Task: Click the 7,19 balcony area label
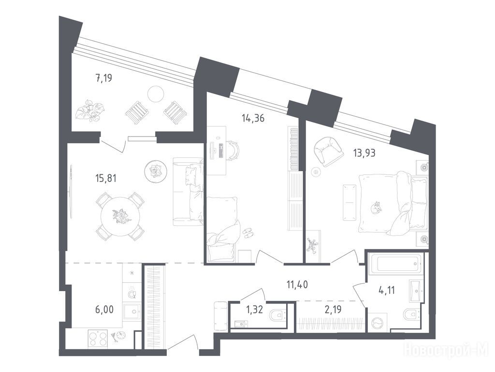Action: click(104, 77)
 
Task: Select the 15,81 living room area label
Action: click(106, 178)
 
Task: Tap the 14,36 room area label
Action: click(253, 119)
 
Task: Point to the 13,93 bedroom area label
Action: click(364, 153)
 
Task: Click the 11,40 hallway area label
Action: click(297, 284)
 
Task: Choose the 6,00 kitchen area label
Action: click(104, 309)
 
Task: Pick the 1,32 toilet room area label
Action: click(254, 309)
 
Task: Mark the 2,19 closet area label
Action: click(333, 309)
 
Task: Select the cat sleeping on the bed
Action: click(376, 208)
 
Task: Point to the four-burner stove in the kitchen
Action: click(98, 339)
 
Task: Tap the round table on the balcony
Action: click(156, 93)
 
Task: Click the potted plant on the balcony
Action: click(89, 110)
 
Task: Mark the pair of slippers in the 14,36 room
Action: click(247, 233)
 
